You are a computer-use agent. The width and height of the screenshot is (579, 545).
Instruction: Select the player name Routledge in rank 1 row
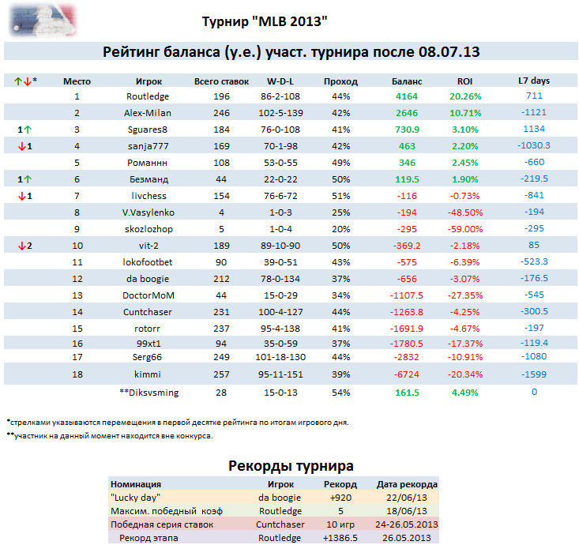[x=149, y=96]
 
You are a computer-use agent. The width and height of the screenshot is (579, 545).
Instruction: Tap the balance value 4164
[x=407, y=96]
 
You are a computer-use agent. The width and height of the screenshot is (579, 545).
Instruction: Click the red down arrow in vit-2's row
[x=21, y=245]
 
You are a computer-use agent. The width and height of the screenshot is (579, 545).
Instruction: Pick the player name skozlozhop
[x=149, y=228]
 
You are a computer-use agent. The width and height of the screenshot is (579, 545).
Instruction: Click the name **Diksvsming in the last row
[x=148, y=392]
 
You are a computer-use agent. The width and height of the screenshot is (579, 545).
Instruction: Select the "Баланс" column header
[x=407, y=81]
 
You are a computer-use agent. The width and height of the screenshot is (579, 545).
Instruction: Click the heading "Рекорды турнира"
[x=290, y=466]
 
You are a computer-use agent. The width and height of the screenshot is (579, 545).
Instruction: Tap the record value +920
[x=340, y=498]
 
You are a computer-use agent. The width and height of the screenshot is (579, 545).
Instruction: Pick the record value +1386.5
[x=340, y=538]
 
